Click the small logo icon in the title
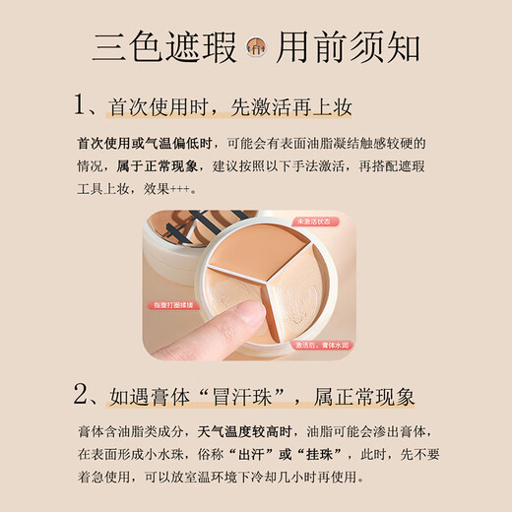(255, 46)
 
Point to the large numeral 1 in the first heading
(84, 104)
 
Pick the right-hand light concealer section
(305, 300)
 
